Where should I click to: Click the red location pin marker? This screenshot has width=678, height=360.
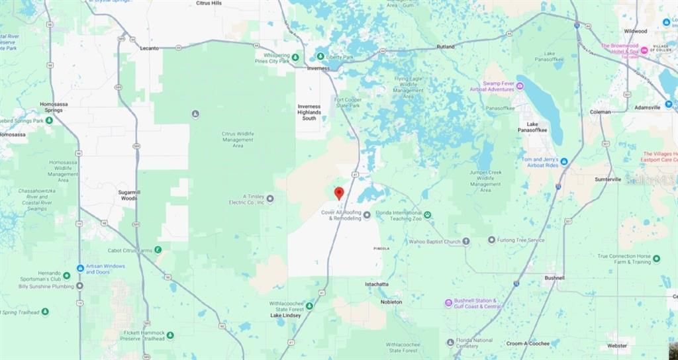click(339, 193)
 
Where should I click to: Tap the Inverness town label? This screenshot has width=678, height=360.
click(318, 68)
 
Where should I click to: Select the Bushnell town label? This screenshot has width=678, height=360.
click(555, 278)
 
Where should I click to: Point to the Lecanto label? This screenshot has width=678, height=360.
click(150, 48)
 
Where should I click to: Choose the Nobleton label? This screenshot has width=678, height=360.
click(391, 302)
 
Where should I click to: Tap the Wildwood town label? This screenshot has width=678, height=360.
click(635, 31)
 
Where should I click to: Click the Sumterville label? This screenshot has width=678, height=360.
click(608, 179)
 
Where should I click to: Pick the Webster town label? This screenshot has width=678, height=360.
click(616, 345)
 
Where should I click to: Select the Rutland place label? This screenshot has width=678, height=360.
click(446, 47)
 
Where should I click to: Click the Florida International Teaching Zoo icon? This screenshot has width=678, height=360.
click(428, 214)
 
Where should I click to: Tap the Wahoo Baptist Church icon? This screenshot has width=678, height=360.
click(466, 242)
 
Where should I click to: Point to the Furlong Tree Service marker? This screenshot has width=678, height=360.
click(491, 240)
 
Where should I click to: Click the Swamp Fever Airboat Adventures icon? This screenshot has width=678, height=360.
click(520, 85)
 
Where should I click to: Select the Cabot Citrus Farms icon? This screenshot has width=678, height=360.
click(158, 249)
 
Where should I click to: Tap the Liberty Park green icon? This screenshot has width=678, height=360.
click(320, 57)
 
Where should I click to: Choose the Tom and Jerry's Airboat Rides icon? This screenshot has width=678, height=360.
click(563, 161)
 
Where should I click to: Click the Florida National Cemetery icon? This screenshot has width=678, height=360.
click(450, 341)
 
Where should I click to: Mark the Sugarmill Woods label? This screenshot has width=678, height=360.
click(128, 194)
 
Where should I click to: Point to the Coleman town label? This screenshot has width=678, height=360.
click(601, 112)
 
